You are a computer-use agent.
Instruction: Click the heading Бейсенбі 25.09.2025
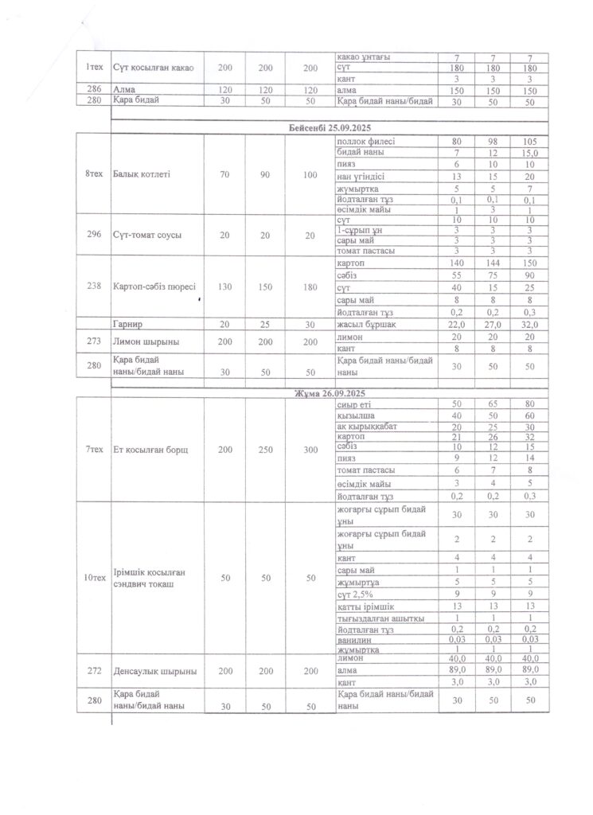(x=330, y=128)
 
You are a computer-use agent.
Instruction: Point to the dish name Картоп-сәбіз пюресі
(x=155, y=287)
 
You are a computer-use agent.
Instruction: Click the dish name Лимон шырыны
(x=146, y=342)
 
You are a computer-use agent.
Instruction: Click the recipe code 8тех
(x=94, y=173)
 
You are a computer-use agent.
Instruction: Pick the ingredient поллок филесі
(x=366, y=141)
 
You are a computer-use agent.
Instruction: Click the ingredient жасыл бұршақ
(x=367, y=325)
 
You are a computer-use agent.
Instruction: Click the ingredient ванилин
(x=354, y=639)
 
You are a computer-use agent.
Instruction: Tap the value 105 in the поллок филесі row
(x=530, y=141)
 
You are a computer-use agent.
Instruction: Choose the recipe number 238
(x=94, y=287)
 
